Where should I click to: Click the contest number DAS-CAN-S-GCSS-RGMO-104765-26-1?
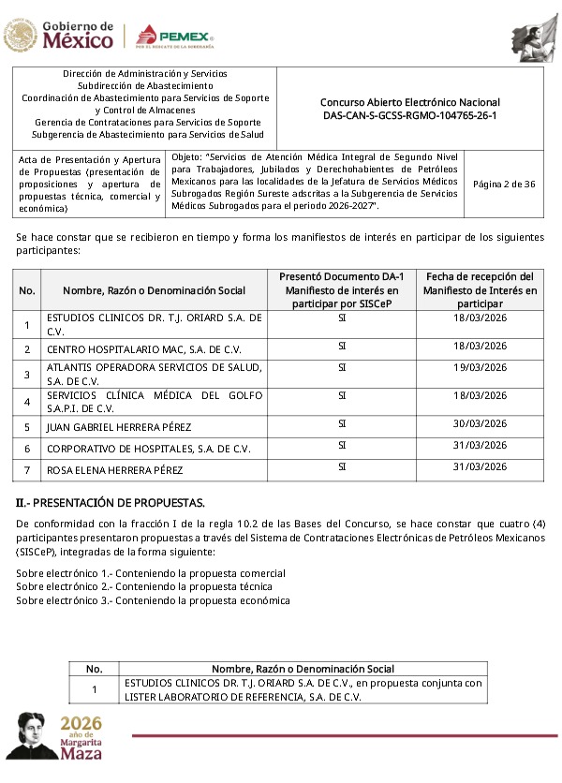click(409, 114)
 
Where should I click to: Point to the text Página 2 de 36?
click(504, 184)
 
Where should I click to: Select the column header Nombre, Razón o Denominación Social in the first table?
click(155, 290)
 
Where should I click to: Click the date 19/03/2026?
click(480, 368)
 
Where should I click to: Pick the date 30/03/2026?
click(480, 423)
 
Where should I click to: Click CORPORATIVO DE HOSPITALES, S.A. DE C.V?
click(149, 449)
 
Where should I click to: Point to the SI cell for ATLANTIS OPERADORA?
click(342, 368)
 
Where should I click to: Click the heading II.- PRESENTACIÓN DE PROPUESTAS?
click(110, 503)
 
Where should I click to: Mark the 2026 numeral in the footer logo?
click(80, 726)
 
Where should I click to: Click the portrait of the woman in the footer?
click(28, 736)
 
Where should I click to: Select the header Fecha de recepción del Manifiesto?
click(480, 290)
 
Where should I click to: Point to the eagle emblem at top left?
click(19, 36)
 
